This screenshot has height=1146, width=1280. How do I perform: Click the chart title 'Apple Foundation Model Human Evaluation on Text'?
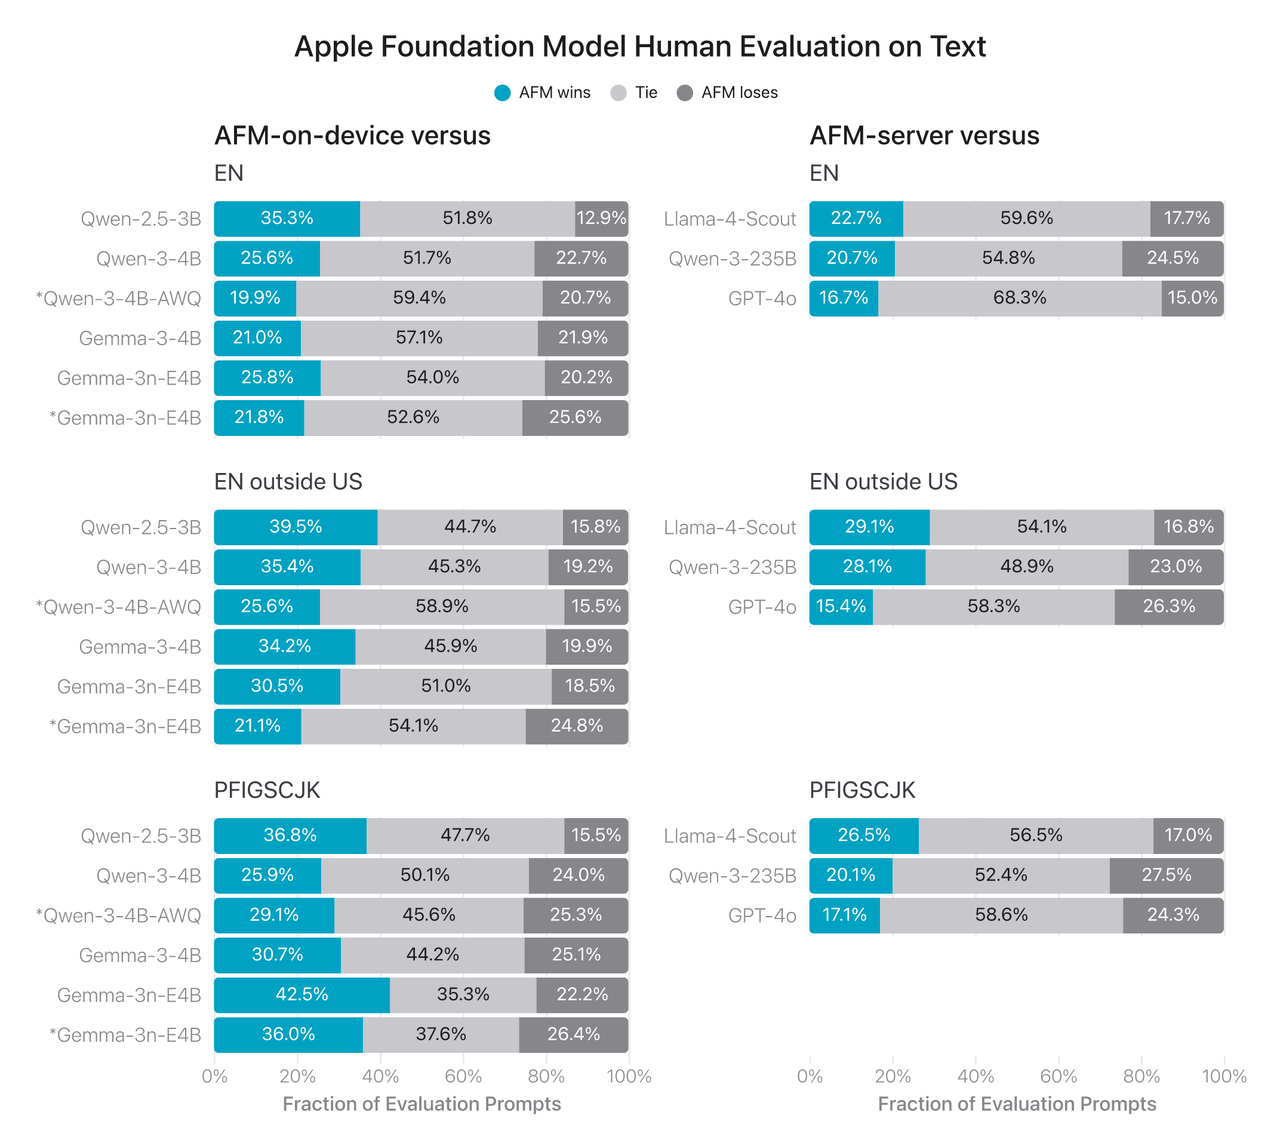[639, 47]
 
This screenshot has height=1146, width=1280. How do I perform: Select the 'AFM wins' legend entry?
[542, 93]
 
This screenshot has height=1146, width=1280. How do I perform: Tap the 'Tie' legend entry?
[634, 93]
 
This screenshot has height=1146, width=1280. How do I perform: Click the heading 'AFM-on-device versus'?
[352, 136]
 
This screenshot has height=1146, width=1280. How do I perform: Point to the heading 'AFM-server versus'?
[924, 136]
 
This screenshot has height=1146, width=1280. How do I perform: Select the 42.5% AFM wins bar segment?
[301, 995]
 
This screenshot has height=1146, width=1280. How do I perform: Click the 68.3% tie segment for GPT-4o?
[1019, 298]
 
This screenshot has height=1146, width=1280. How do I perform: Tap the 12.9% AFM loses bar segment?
[601, 219]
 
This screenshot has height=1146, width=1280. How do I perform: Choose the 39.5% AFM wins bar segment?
[296, 527]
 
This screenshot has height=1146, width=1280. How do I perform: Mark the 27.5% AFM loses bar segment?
[1166, 875]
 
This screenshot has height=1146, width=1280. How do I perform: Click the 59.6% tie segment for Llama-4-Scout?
[1026, 219]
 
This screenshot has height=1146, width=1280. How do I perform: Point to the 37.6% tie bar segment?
[441, 1034]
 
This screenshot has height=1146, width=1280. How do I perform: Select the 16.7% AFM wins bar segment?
[844, 298]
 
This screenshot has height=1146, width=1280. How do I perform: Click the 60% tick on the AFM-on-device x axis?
[463, 1076]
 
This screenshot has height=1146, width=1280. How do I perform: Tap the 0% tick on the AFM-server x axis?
[810, 1076]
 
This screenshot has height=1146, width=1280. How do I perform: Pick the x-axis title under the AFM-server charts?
[1017, 1104]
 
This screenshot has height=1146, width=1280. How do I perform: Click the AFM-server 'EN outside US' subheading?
[883, 482]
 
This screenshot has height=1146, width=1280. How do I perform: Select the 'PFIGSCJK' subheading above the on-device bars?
[267, 790]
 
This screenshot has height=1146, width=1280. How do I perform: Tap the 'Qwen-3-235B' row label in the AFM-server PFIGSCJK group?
[732, 876]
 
